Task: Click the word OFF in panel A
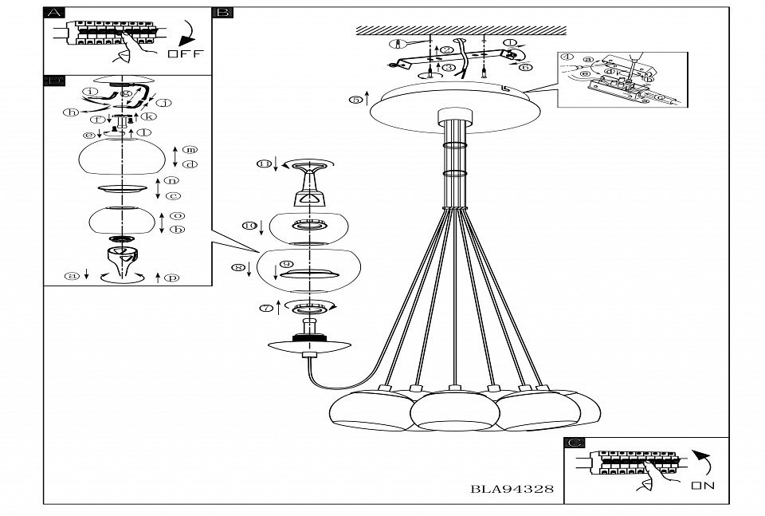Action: pyautogui.click(x=186, y=54)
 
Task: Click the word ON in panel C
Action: pyautogui.click(x=703, y=483)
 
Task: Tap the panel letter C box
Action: pyautogui.click(x=574, y=443)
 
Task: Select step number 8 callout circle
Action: pyautogui.click(x=237, y=267)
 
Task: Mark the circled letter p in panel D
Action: pyautogui.click(x=172, y=277)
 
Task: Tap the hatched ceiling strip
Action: pyautogui.click(x=461, y=30)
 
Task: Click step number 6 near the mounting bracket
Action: pyautogui.click(x=526, y=67)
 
